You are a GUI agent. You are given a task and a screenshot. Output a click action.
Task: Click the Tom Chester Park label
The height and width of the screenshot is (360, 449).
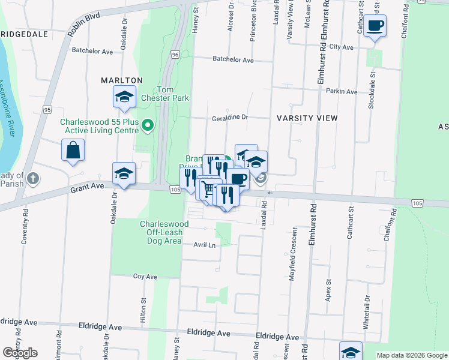[x=165, y=93]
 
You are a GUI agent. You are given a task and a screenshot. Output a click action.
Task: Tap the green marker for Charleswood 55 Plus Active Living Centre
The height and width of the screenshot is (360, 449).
[x=150, y=126]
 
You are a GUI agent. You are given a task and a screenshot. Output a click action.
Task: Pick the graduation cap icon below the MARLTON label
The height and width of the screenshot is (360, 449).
[x=123, y=98]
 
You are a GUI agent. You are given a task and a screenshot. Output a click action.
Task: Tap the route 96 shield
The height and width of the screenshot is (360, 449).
[x=175, y=55]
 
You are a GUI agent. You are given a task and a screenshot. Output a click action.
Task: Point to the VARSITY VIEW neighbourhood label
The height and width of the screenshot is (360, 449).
[x=307, y=118]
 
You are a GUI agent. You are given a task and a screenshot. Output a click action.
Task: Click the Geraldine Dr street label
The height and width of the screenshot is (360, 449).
[x=229, y=118]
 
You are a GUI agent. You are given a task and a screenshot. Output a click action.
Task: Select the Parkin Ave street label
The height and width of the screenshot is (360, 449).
[x=342, y=92]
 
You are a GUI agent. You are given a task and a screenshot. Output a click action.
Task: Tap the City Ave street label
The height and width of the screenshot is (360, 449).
[x=342, y=46]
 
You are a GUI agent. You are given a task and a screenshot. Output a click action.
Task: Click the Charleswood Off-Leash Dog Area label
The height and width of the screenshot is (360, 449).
[x=164, y=232]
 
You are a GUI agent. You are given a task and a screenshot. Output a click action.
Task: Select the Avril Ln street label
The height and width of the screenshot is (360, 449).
[x=204, y=245]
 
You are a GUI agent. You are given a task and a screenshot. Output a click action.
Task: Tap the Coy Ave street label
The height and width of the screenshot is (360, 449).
[x=145, y=277]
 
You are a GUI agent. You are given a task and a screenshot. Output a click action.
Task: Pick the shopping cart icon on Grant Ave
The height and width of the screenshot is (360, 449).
[x=208, y=189]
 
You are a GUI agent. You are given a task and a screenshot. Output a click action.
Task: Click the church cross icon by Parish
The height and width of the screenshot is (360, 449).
[x=33, y=178]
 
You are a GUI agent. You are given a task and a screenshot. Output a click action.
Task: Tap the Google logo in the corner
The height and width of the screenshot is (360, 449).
[x=20, y=353]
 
